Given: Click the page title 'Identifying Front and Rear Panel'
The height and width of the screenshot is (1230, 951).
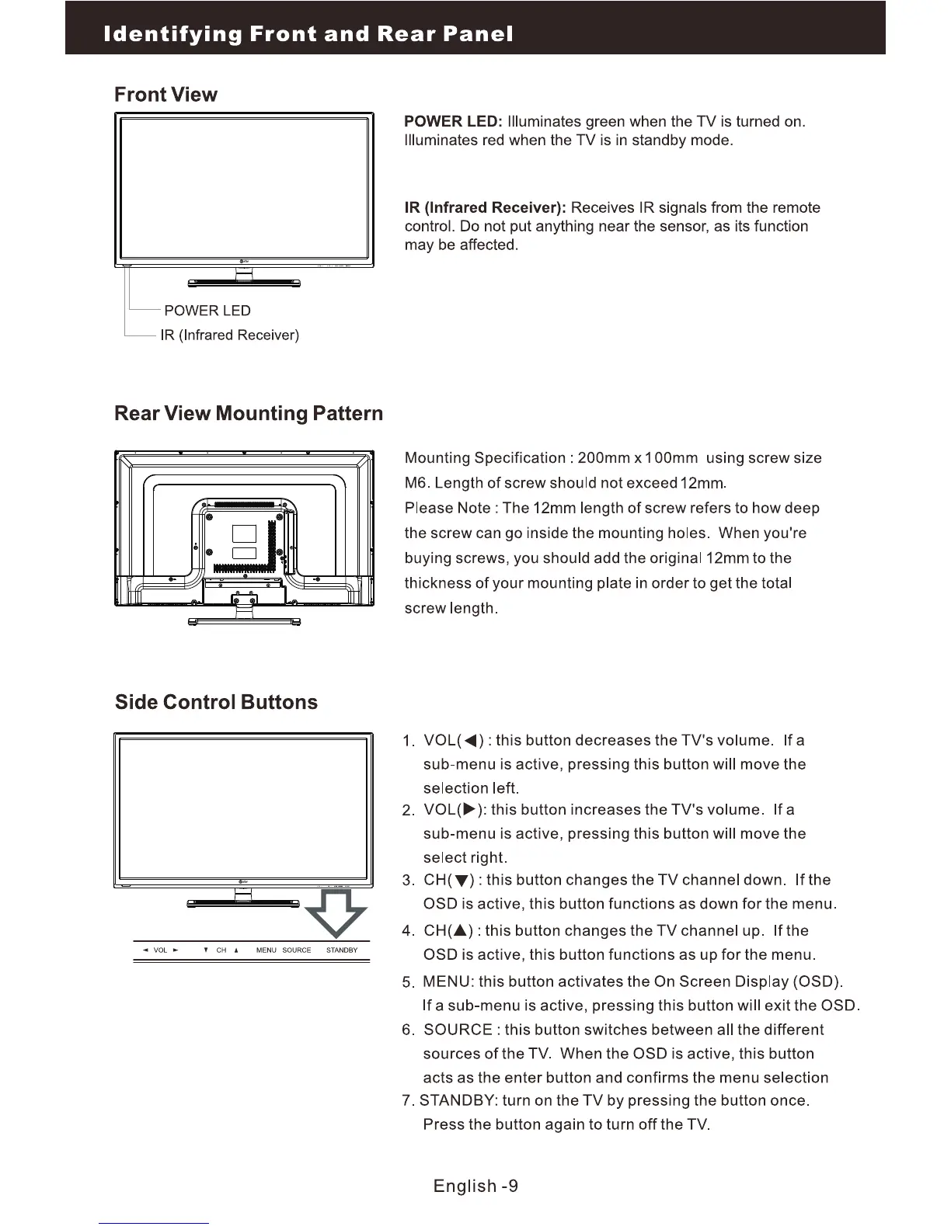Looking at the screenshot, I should pos(308,34).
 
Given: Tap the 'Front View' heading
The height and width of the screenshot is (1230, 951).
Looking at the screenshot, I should pos(165,95).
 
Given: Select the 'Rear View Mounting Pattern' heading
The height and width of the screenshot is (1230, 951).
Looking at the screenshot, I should pos(249,413).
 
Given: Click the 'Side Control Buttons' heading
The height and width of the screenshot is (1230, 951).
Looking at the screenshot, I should pos(216,702).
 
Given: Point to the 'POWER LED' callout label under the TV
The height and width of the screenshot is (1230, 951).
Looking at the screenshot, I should pos(207,311).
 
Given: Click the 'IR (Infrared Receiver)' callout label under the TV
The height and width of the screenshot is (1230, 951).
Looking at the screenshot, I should pos(229,335).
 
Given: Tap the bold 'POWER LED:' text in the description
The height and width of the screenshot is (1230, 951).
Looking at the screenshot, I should pos(454,122).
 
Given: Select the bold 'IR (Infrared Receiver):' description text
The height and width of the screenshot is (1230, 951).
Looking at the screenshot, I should pos(486,208).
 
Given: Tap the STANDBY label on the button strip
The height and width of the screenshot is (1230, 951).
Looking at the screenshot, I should pos(342,950).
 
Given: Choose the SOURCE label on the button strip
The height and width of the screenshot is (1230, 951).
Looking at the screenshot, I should pos(297,950).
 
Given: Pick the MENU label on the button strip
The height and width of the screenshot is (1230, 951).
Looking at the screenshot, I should pos(266,950).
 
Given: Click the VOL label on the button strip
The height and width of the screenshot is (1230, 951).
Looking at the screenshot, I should pos(161,950).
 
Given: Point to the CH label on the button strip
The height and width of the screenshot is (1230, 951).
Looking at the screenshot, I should pos(221,950).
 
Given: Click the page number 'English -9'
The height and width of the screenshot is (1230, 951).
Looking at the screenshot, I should pos(475,1186).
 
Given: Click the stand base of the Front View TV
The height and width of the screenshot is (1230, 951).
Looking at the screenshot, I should pos(244,283).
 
